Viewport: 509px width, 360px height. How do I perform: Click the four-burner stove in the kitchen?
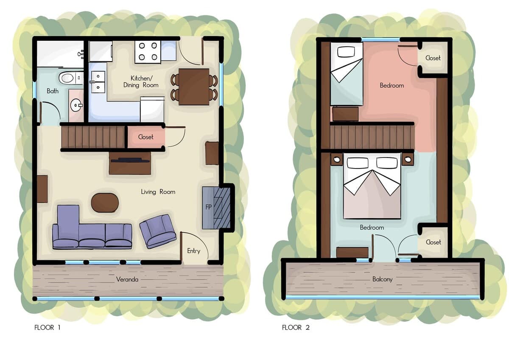148,52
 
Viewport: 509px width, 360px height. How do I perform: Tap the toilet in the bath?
71,78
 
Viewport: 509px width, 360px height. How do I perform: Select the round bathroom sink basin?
76,106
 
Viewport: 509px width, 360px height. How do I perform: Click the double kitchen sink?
98,82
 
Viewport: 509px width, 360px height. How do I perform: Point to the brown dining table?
194,87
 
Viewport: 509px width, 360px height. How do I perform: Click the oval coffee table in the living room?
105,202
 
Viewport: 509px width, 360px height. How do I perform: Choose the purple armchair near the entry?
158,231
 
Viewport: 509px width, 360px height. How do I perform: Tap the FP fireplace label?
208,207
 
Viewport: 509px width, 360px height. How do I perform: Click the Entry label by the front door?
193,251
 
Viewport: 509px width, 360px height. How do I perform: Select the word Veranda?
127,279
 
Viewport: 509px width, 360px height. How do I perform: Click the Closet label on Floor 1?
145,137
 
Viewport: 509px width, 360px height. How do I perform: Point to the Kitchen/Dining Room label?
141,82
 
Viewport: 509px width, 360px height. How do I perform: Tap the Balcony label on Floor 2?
383,279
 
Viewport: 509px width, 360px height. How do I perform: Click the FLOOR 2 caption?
296,327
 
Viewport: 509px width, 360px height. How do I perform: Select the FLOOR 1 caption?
47,327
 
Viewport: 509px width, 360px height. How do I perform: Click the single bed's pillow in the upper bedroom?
346,52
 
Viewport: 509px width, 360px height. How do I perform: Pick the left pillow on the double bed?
358,163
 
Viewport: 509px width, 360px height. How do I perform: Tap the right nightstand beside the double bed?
408,160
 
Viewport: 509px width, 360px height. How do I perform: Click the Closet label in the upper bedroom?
433,58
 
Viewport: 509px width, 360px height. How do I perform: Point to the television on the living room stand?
130,160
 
